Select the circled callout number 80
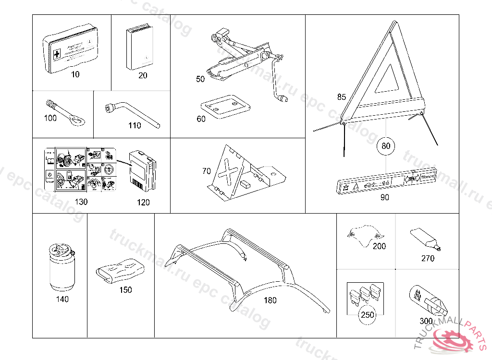pos(386,145)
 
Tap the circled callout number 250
pos(368,315)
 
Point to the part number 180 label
pos(271,300)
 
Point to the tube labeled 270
pos(425,240)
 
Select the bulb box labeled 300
pos(428,300)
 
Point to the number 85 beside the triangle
pos(341,97)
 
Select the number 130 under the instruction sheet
pos(81,202)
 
